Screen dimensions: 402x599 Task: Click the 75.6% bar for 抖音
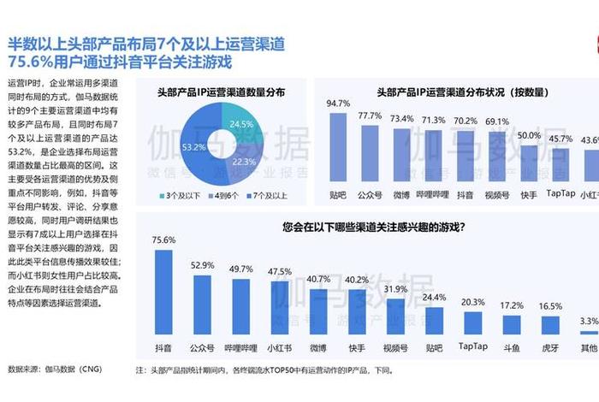tap(163, 291)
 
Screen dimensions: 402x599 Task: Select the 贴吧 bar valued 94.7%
tap(338, 150)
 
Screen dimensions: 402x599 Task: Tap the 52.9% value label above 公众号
tap(202, 265)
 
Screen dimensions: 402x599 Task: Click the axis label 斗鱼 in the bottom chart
tap(512, 348)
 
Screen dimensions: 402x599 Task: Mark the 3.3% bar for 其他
tap(589, 332)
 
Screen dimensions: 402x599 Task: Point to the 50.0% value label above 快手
tap(529, 135)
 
